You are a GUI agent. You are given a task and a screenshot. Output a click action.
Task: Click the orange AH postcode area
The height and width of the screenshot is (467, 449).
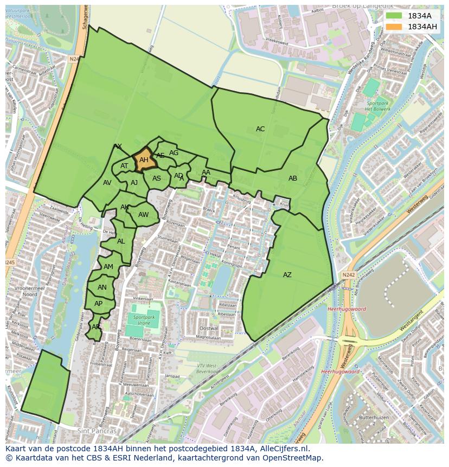[143, 161]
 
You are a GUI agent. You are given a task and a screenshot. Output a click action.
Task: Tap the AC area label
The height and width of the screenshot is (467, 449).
[260, 129]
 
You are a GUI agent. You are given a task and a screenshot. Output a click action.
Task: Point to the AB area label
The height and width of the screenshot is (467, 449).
[293, 178]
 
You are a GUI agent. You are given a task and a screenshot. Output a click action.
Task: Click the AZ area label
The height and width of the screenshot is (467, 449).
[287, 275]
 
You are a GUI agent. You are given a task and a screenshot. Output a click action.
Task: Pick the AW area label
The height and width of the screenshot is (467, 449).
[143, 215]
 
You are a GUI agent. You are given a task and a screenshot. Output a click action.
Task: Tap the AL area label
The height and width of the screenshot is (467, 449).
[121, 241]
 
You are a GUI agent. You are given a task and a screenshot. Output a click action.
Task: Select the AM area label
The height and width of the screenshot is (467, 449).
[108, 267]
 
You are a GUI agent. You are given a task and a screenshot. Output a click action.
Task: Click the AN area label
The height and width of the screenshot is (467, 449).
[102, 287]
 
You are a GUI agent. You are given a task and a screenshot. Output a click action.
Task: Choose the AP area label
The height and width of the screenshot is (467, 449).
[98, 304]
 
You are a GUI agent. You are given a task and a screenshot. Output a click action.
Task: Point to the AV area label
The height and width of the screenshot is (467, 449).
[107, 183]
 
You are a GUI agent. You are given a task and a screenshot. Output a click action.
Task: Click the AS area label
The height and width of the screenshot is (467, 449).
[157, 178]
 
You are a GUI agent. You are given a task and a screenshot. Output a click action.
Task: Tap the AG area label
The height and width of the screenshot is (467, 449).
[174, 153]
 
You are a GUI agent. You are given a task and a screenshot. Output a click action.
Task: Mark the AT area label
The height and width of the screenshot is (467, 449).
[124, 166]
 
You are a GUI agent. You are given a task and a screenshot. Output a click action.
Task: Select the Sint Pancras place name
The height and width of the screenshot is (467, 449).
[97, 431]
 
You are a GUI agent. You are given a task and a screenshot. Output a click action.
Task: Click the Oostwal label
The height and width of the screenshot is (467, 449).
[208, 329]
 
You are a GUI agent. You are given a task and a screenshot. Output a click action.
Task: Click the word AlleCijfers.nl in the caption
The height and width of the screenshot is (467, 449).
[282, 449]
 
